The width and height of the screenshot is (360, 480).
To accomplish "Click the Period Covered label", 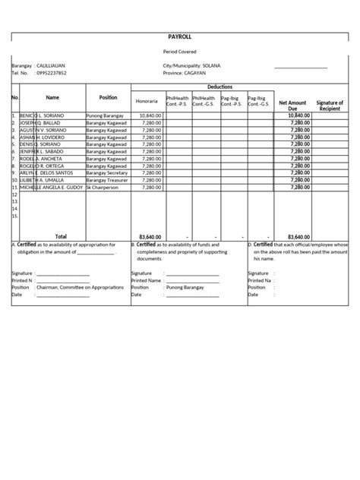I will [x=180, y=52].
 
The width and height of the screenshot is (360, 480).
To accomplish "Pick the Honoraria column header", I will [x=147, y=101].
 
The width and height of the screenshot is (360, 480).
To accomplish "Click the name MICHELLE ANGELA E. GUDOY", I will [x=52, y=187].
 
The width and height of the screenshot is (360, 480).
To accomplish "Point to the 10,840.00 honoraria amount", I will [x=151, y=116].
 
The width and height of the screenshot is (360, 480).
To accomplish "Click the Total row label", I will [x=61, y=236].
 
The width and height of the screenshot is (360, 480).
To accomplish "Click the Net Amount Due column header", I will [x=292, y=104].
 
